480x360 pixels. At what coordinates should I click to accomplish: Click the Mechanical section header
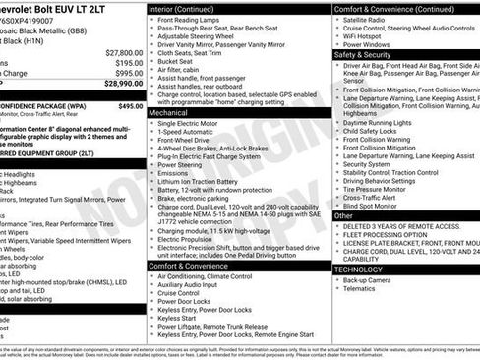[172, 113]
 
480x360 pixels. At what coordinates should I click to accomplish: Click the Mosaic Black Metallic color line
[44, 30]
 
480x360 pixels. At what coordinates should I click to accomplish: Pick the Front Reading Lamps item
[189, 20]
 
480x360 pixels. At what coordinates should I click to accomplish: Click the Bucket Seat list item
[174, 61]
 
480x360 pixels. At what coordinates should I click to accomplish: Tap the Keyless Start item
[177, 319]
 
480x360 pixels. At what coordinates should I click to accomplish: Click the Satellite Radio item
[364, 20]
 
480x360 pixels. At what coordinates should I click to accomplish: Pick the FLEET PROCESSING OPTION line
[387, 235]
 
